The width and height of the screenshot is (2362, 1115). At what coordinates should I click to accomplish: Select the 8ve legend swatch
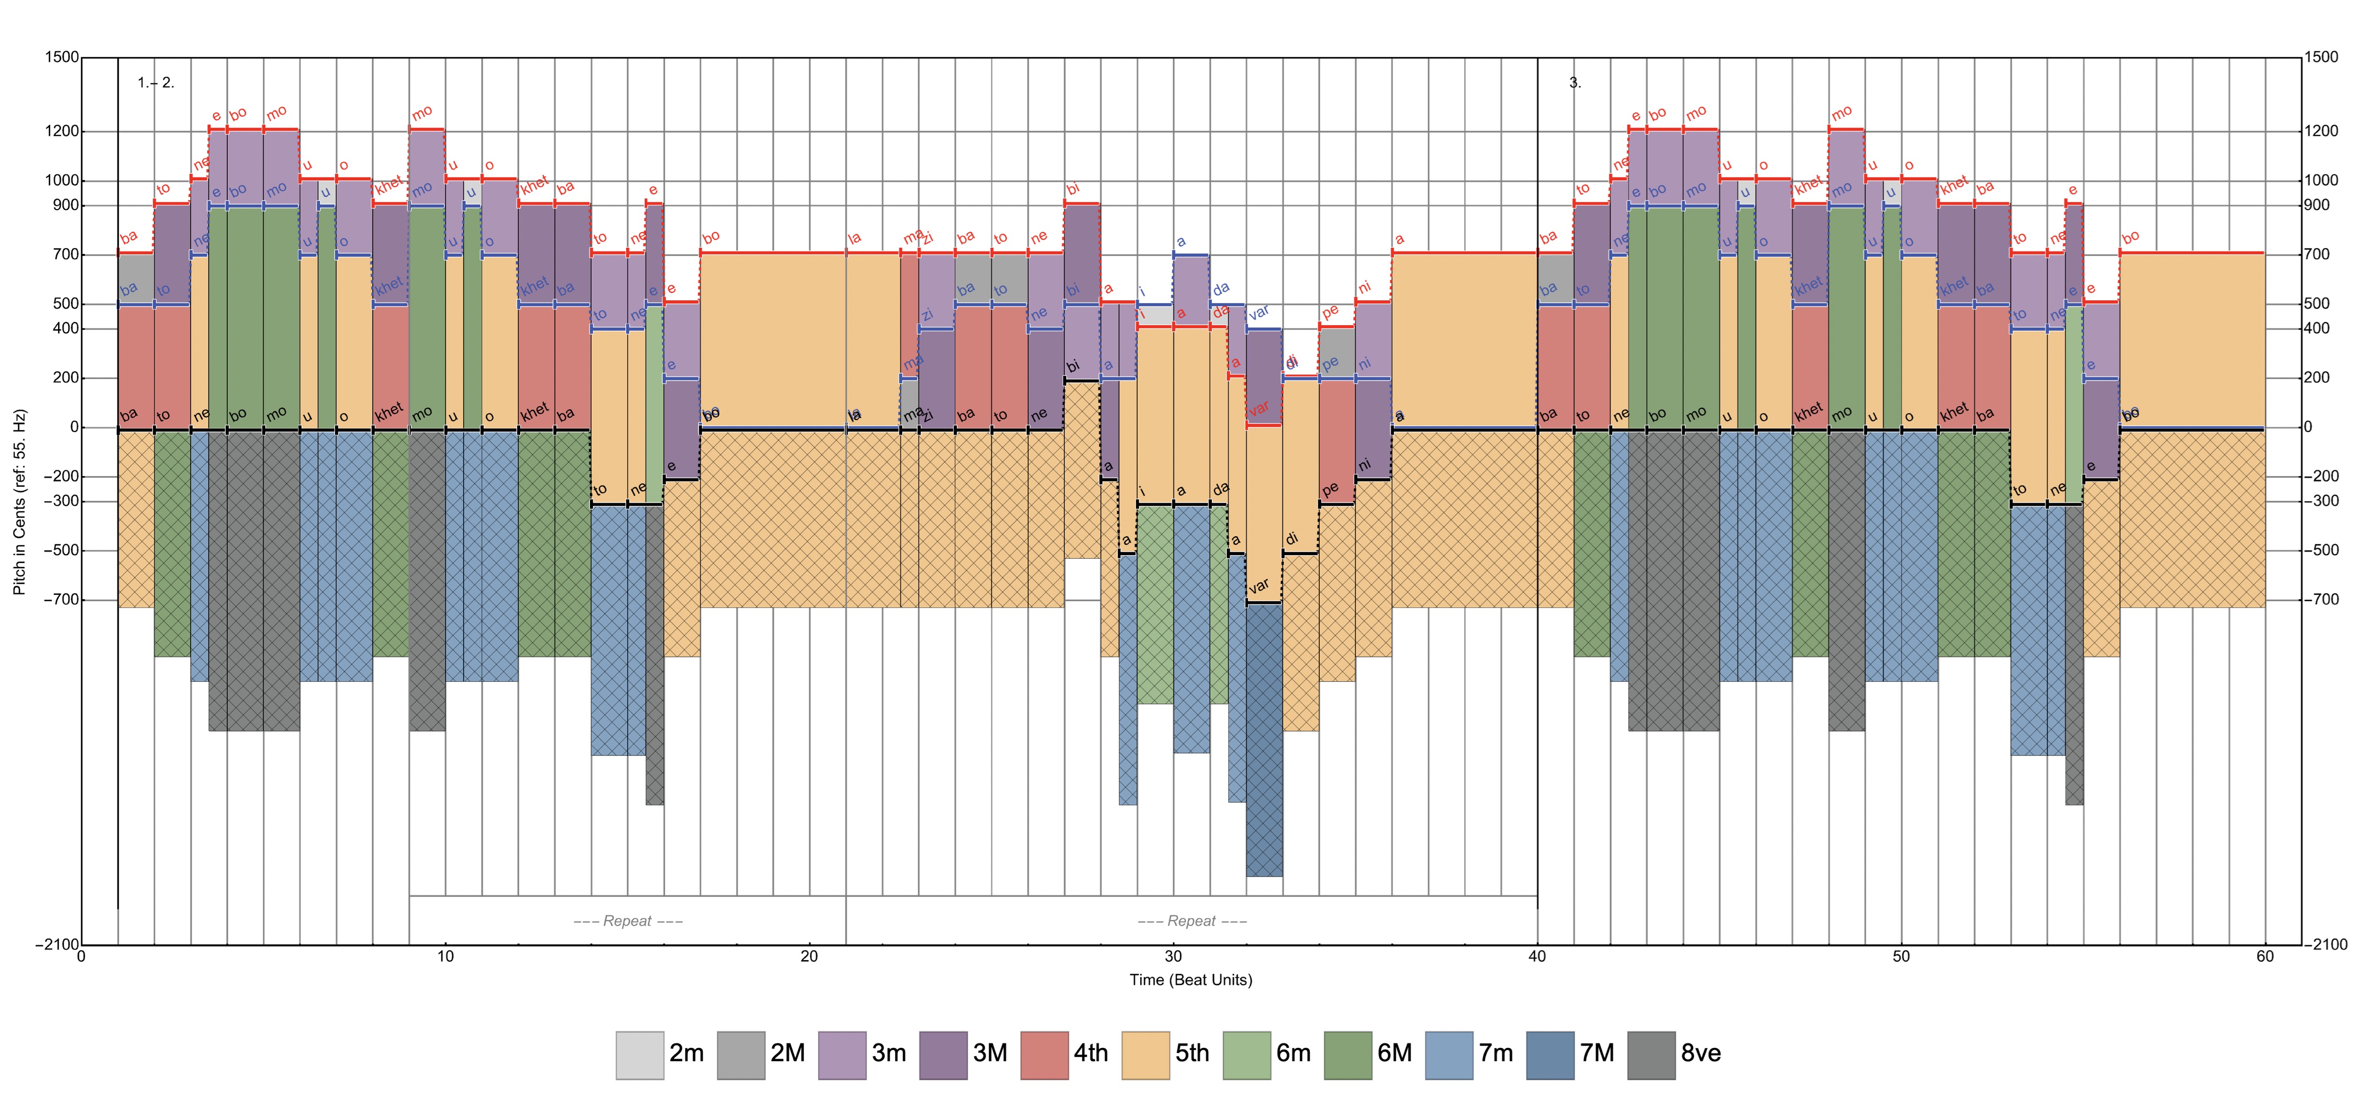coord(1651,1055)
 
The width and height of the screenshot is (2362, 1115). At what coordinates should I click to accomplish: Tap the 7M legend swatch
coord(1550,1055)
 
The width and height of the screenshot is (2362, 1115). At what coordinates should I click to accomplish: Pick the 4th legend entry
coord(1044,1055)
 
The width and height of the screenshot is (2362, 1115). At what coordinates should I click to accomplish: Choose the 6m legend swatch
coord(1246,1055)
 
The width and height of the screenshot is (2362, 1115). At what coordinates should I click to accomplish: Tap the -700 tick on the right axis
coord(2320,600)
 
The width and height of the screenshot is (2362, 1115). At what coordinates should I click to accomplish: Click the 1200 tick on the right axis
coord(2320,131)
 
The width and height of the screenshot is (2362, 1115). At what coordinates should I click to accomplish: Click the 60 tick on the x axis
coord(2265,956)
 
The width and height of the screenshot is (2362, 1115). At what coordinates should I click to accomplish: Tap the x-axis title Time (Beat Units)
coord(1190,979)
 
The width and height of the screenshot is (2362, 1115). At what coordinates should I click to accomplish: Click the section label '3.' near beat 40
coord(1574,82)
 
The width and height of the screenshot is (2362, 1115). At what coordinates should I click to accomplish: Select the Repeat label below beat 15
coord(628,921)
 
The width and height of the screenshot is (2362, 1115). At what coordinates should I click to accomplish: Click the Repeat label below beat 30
coord(1192,921)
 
